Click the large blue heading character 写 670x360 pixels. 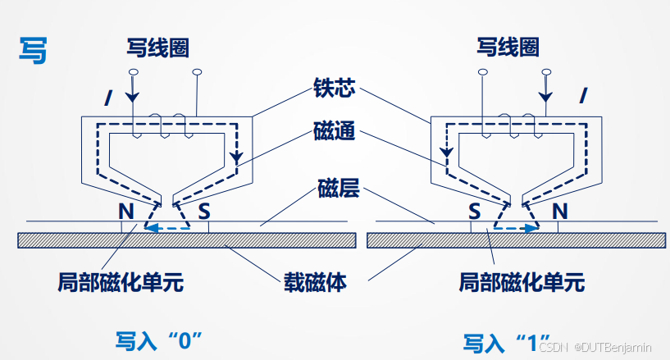tap(34, 49)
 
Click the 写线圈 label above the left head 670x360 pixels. tap(157, 48)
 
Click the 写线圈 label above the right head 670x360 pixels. tap(508, 47)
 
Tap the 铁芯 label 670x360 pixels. tap(334, 88)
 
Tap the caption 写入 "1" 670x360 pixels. tap(506, 340)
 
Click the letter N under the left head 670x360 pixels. tap(125, 211)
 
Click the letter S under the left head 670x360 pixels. tap(204, 211)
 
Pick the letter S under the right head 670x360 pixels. tap(474, 211)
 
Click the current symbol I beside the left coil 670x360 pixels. tap(107, 98)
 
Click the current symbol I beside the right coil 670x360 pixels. tap(583, 95)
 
